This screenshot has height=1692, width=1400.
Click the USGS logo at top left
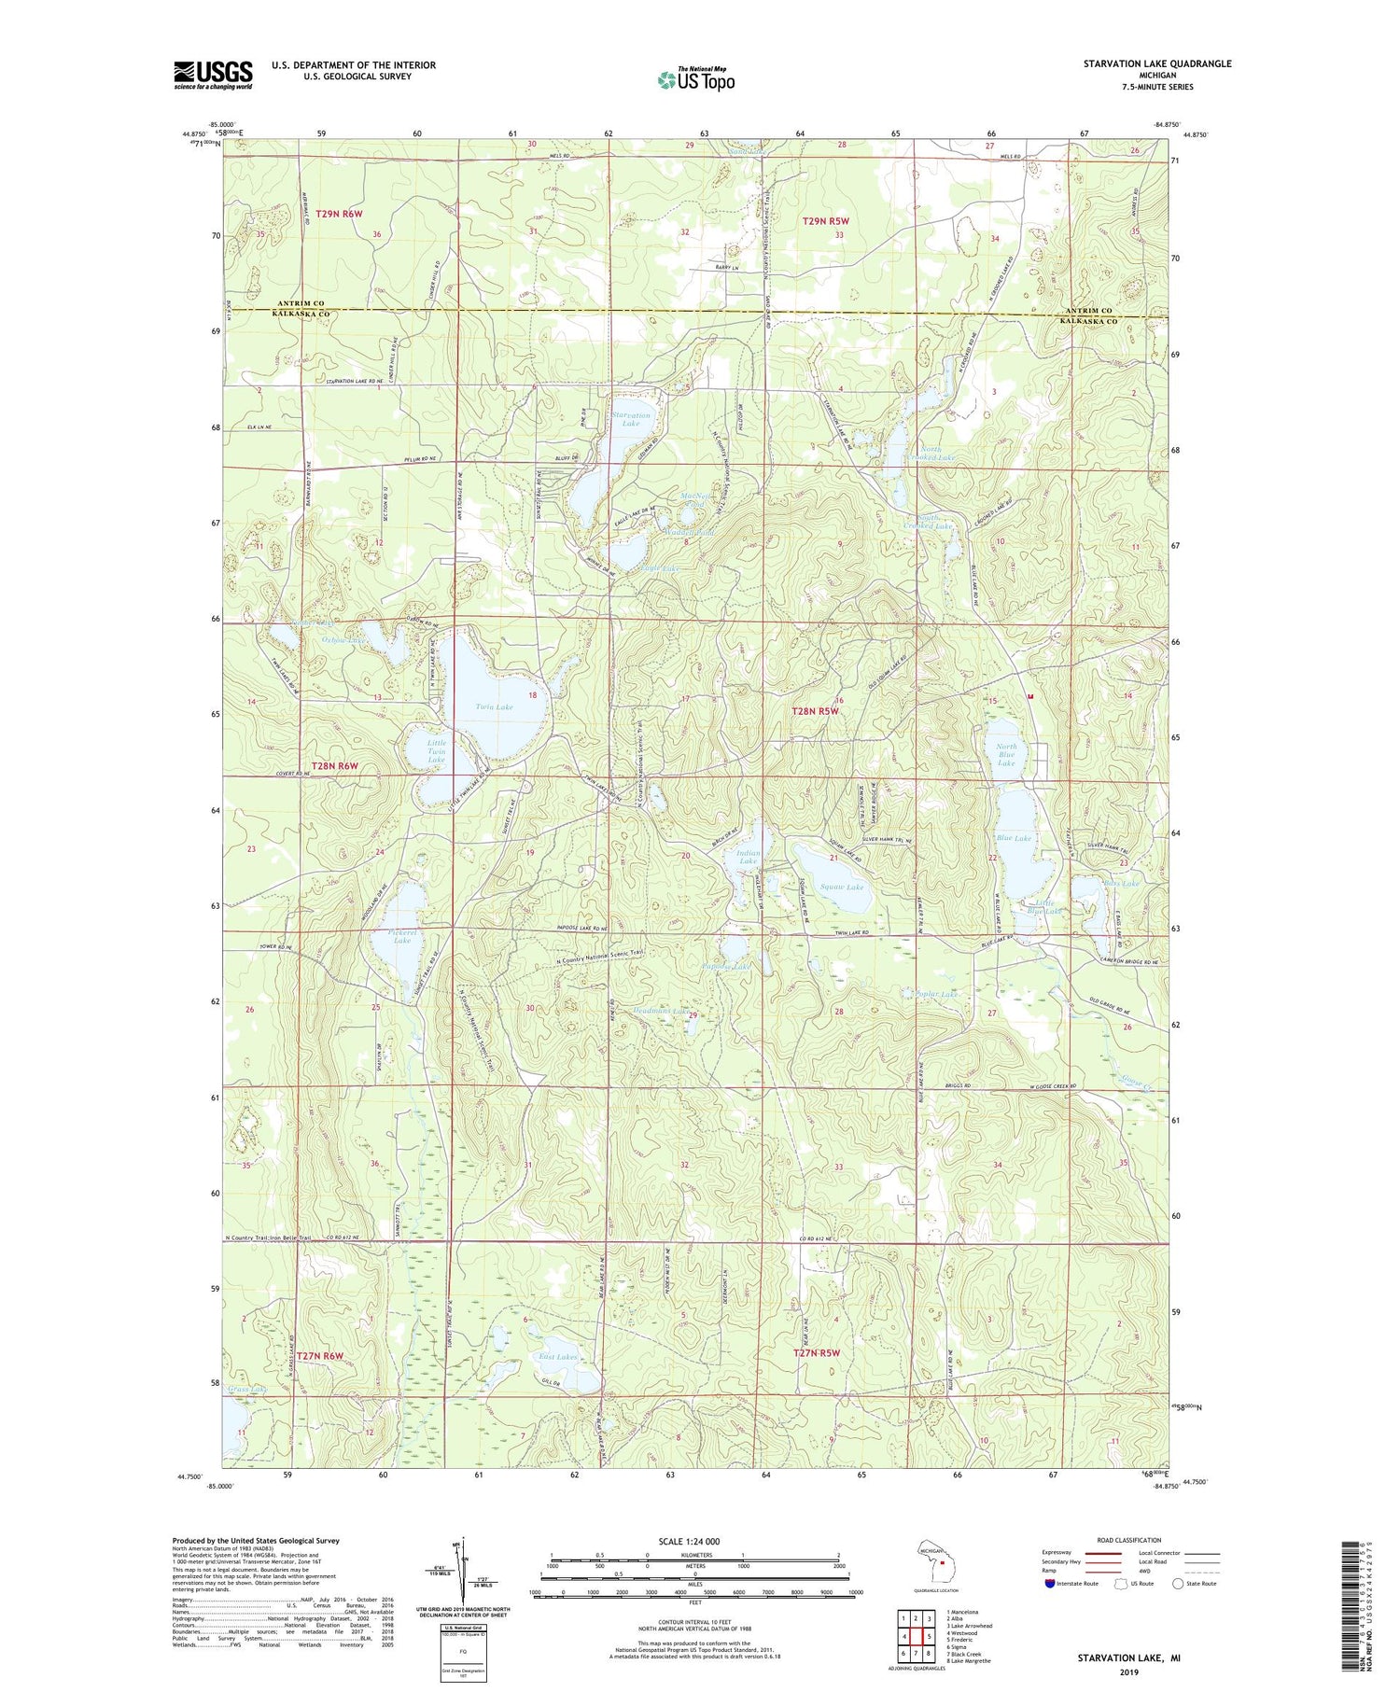(x=213, y=75)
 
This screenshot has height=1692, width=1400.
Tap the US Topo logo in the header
(x=695, y=79)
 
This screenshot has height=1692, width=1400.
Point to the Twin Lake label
(x=494, y=706)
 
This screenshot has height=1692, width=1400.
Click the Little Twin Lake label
(x=436, y=751)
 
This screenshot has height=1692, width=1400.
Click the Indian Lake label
(x=749, y=857)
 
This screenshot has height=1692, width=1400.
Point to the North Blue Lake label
(x=1006, y=755)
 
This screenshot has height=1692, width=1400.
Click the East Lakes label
(x=558, y=1356)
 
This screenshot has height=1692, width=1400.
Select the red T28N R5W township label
(x=816, y=711)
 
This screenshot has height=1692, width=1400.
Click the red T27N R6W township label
(x=320, y=1354)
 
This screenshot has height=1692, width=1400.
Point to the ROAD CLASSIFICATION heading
(x=1129, y=1540)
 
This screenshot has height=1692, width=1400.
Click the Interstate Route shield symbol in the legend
(x=1050, y=1584)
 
